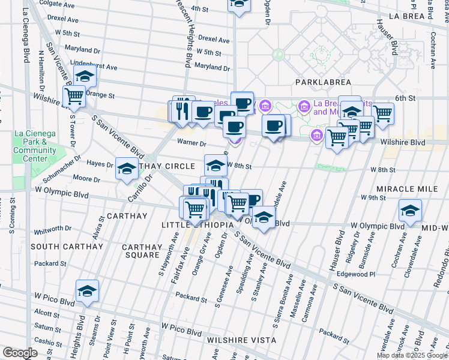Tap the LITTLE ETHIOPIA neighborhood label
click(196, 224)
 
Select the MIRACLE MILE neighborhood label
click(415, 188)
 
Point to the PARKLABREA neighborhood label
click(322, 81)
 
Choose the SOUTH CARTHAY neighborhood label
click(67, 247)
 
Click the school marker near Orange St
click(85, 77)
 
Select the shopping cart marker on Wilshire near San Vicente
click(74, 96)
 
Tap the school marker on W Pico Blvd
click(87, 292)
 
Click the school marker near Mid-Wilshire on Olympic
click(410, 211)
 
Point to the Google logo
click(20, 353)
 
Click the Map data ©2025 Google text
click(411, 355)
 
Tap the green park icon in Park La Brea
click(278, 54)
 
